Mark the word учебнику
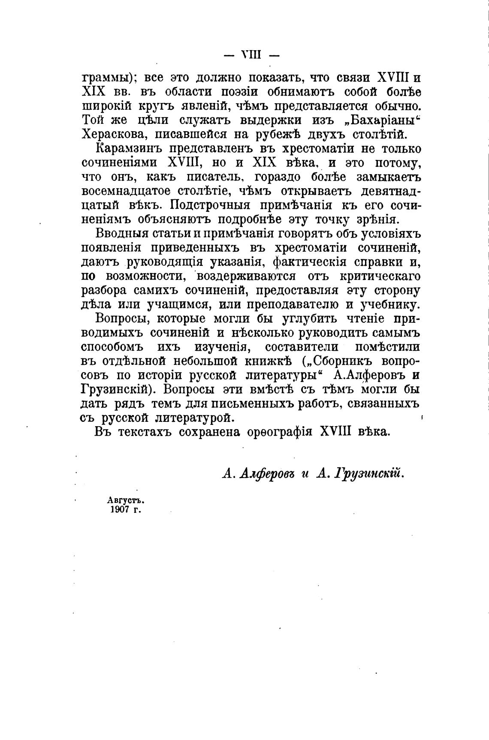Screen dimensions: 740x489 [x=390, y=305]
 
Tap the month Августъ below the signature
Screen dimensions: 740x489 [x=125, y=500]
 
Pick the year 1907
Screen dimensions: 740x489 [x=120, y=510]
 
